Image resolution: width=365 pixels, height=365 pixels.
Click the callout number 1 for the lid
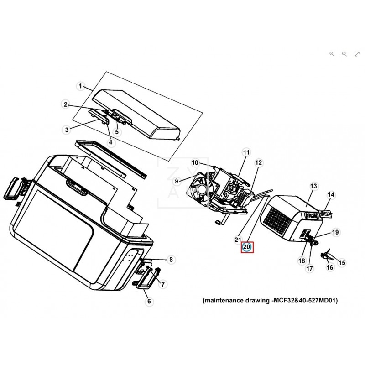[80, 86]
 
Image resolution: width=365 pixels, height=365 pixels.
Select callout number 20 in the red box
[246, 247]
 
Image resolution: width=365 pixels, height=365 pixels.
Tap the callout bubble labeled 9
[176, 181]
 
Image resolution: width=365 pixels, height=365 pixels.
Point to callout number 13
[313, 186]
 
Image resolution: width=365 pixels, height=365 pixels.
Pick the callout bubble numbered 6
[149, 301]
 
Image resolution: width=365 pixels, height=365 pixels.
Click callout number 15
[342, 263]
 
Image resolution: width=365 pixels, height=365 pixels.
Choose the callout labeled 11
[246, 152]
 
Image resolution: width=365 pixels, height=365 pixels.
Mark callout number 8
[171, 259]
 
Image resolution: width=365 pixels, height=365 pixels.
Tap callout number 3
[67, 130]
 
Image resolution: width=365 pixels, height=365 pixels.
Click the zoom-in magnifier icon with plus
[332, 54]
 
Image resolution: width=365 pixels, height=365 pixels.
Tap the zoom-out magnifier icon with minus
[344, 54]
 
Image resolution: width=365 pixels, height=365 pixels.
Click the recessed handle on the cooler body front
[77, 187]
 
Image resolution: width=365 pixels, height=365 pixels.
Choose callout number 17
[309, 268]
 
